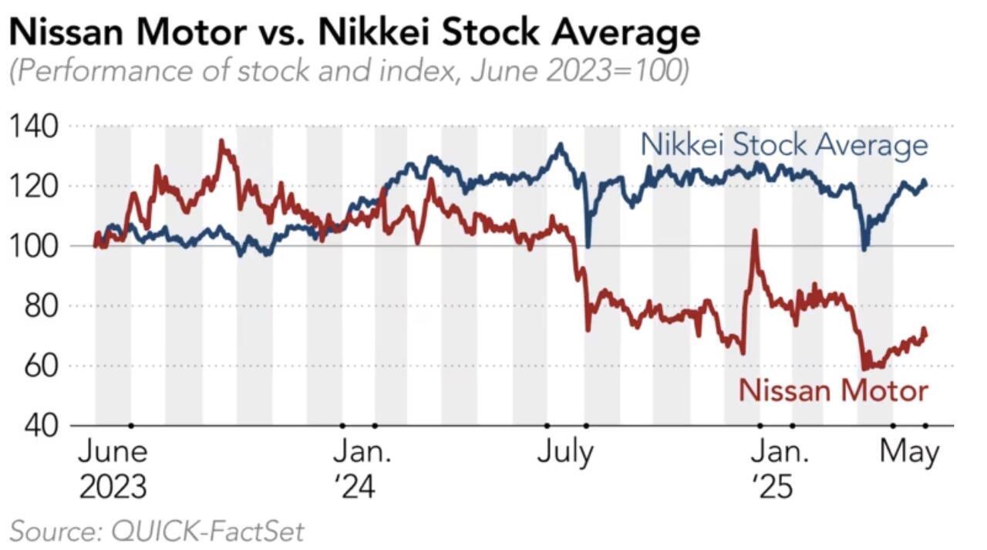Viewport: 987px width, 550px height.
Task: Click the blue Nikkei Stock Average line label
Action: pyautogui.click(x=784, y=145)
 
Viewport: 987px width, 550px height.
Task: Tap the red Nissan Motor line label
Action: pyautogui.click(x=833, y=390)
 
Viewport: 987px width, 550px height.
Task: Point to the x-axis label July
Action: pyautogui.click(x=565, y=454)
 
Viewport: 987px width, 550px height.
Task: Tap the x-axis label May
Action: pyautogui.click(x=910, y=454)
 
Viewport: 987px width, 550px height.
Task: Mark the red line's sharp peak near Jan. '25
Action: pyautogui.click(x=755, y=231)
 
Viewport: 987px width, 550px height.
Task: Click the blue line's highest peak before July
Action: pyautogui.click(x=560, y=144)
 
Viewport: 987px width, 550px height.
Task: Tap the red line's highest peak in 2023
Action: pyautogui.click(x=221, y=141)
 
